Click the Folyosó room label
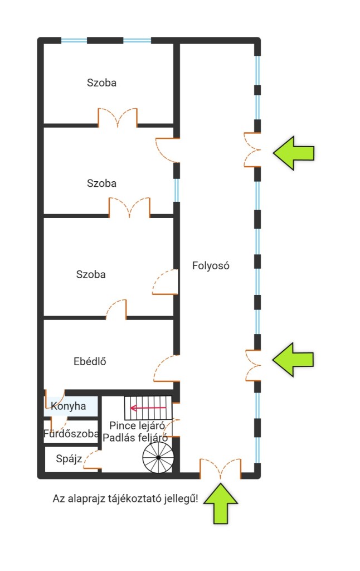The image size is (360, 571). (211, 265)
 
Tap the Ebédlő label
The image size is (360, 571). (90, 361)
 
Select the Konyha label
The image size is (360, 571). (69, 406)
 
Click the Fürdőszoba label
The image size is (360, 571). (71, 433)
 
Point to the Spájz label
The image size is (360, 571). (69, 458)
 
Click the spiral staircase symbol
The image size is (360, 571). (158, 458)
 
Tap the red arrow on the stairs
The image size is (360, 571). (148, 408)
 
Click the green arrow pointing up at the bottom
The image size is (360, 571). (221, 504)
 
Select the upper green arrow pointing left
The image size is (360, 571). (293, 153)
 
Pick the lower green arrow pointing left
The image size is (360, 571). (293, 360)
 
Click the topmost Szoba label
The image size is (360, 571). (101, 83)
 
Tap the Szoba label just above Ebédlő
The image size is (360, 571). (91, 274)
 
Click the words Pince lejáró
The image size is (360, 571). (137, 425)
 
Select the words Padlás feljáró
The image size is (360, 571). (135, 437)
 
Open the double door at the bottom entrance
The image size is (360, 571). (220, 468)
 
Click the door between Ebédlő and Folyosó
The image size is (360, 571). (167, 368)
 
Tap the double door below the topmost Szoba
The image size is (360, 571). (118, 117)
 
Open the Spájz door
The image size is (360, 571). (93, 459)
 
